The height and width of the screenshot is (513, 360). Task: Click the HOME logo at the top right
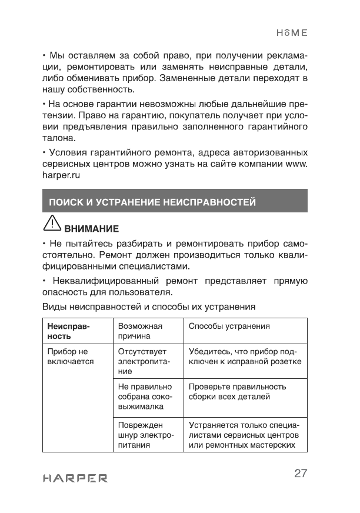(292, 33)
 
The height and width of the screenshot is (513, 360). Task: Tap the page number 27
(301, 474)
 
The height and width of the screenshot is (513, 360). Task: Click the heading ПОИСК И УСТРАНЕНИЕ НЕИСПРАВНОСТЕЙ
(152, 202)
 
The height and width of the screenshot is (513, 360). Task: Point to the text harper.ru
(61, 175)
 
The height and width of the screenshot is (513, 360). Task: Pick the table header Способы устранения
(229, 326)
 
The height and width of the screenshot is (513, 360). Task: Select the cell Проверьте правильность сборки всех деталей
(237, 392)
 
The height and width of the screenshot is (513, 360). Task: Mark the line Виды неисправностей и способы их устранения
(149, 307)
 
